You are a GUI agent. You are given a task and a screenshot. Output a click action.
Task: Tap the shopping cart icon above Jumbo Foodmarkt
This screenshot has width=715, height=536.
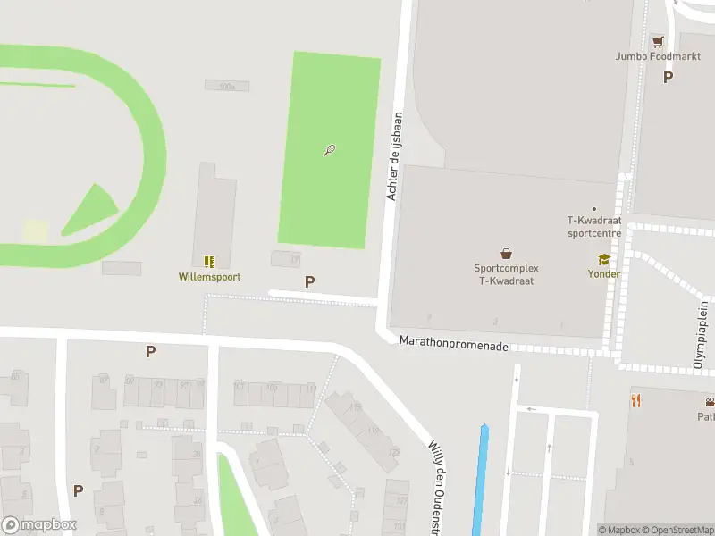[658, 41]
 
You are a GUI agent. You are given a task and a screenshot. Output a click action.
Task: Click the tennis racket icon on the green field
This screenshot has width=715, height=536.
[330, 150]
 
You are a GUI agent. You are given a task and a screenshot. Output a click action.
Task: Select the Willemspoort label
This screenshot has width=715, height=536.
[209, 277]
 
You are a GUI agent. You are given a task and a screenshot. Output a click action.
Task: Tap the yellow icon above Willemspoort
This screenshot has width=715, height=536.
[209, 262]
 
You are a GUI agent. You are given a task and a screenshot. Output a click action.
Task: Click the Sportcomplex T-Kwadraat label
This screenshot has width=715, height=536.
[506, 273]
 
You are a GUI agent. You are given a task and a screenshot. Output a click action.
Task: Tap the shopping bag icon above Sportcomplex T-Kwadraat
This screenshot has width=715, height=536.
[507, 253]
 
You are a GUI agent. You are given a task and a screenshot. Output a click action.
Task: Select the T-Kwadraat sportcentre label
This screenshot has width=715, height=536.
[594, 227]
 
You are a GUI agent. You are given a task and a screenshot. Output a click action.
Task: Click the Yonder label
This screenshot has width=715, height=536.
[603, 274]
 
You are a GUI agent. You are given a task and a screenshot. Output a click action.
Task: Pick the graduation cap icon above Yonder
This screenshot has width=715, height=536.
[604, 259]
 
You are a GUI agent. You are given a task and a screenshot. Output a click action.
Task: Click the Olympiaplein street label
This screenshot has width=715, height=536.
[702, 336]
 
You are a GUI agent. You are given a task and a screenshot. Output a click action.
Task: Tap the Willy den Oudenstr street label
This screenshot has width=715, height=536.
[438, 478]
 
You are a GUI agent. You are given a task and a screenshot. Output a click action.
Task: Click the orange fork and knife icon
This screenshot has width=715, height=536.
[635, 400]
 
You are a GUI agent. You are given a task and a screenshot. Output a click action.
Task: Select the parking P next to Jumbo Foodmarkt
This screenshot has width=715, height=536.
[668, 77]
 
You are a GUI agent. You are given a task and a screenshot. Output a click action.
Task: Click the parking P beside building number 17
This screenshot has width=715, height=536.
[309, 281]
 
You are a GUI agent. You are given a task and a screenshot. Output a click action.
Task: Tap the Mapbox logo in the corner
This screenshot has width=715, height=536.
[39, 525]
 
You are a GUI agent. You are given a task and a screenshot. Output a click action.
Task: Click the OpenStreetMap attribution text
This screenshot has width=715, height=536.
[681, 530]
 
